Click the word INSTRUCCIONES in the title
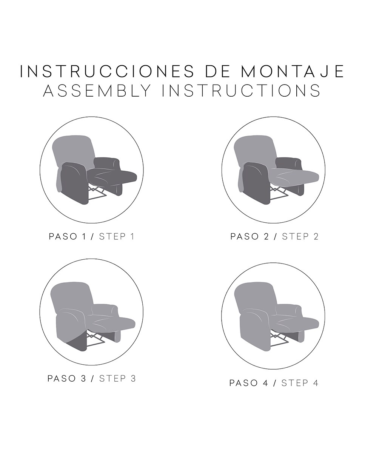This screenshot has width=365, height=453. pos(107,71)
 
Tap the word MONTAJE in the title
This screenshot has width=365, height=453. pos(293,71)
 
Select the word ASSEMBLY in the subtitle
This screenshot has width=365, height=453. pos(97,91)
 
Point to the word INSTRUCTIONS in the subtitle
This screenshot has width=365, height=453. pos(241,91)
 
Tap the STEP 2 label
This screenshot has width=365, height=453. pos(300,237)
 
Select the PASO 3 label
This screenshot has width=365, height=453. pos(67,379)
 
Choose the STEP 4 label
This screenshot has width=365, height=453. pos(300,383)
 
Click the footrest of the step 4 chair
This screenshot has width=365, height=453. pos(295,323)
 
